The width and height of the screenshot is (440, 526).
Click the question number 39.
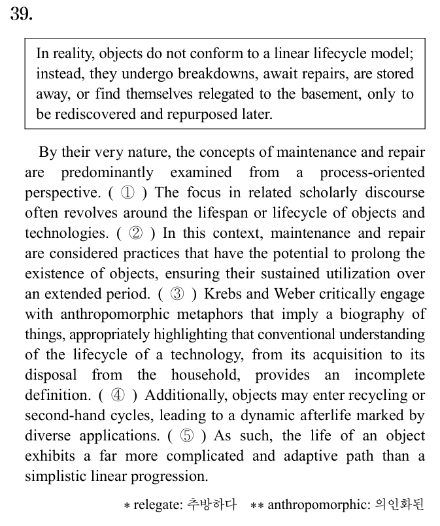(x=21, y=14)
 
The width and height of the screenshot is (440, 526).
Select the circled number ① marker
(x=129, y=193)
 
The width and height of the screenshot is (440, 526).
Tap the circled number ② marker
(x=136, y=234)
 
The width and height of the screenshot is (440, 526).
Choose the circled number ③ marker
(x=177, y=294)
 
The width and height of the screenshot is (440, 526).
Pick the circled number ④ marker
(x=118, y=395)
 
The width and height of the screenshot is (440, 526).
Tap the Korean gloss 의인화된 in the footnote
(x=399, y=504)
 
